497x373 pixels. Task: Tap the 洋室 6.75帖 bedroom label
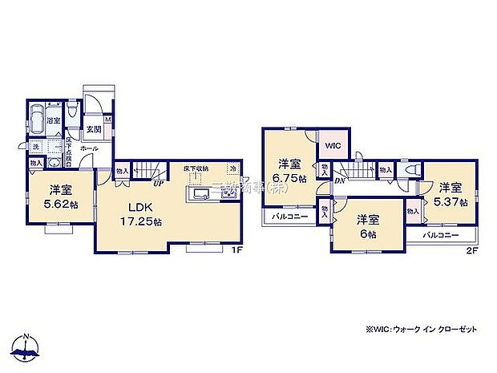coord(288,171)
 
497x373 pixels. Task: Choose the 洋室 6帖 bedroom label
coord(367,225)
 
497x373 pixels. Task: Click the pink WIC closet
coord(333,147)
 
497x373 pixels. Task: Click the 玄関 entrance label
coord(94,128)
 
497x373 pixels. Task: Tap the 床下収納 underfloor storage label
coord(194,168)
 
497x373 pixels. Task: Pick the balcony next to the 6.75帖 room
coord(287,217)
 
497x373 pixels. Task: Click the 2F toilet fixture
coord(412,170)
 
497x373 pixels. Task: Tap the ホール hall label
coord(89,149)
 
